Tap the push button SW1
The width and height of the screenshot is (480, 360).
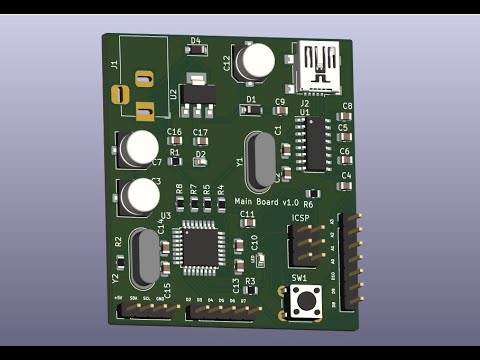pos(304,300)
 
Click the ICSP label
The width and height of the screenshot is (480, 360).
pos(301,218)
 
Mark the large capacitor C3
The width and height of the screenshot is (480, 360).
pos(139,194)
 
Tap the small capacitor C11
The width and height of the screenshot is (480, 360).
pos(247,224)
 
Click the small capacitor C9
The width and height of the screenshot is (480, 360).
pos(281,112)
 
